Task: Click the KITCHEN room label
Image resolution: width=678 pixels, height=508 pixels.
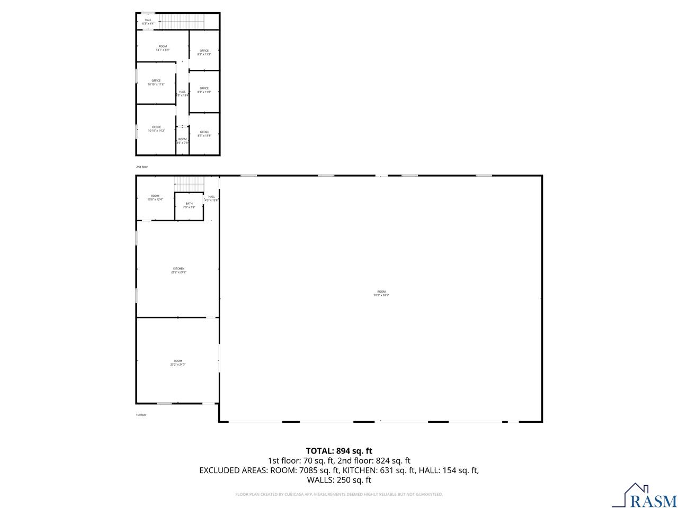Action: click(x=178, y=269)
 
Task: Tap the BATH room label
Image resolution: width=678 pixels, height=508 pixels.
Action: click(x=189, y=204)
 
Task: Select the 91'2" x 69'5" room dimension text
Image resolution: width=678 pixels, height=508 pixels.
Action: click(x=381, y=295)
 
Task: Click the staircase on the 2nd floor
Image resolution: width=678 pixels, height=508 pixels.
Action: click(x=182, y=22)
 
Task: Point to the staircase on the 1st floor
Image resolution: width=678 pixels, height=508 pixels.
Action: click(x=189, y=184)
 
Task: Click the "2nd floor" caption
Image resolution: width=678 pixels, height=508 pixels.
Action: click(x=142, y=167)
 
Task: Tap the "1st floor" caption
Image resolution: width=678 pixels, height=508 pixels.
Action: click(x=141, y=415)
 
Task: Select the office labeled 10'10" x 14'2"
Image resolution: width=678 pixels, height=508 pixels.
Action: click(x=156, y=129)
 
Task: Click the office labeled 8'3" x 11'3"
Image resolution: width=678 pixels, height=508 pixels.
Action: click(x=204, y=52)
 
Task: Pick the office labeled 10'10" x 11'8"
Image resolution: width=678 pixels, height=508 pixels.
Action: click(x=156, y=83)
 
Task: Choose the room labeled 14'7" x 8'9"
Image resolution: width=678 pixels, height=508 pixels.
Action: click(x=163, y=48)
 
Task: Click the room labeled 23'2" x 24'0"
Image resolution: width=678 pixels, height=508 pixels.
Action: click(x=178, y=362)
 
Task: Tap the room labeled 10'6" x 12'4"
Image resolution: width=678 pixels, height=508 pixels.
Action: click(x=155, y=197)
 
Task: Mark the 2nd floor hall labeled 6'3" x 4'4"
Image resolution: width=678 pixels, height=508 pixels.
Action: click(x=148, y=22)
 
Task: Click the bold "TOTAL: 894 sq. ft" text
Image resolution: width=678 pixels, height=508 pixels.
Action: click(x=339, y=451)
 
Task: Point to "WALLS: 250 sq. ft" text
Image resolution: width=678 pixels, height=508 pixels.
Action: click(x=339, y=480)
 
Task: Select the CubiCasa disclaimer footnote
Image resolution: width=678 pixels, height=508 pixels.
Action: click(x=339, y=494)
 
